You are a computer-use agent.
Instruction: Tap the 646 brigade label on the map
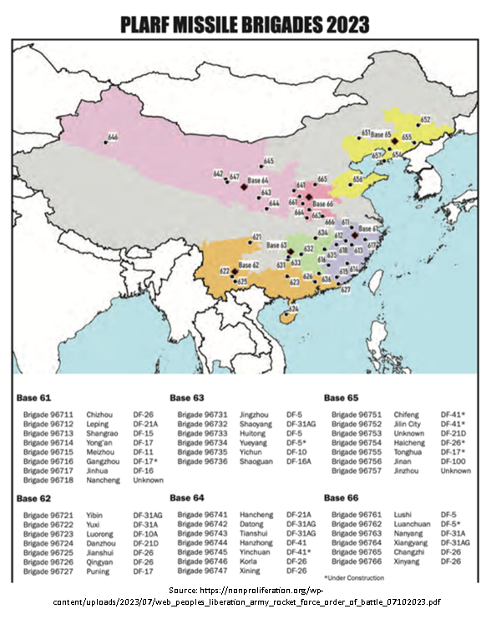[x=114, y=136]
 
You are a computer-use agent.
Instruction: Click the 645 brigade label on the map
[x=268, y=160]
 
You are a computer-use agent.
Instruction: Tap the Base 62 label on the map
[x=249, y=264]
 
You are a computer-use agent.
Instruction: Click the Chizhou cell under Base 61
[x=99, y=414]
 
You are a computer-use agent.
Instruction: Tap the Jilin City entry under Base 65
[x=408, y=423]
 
